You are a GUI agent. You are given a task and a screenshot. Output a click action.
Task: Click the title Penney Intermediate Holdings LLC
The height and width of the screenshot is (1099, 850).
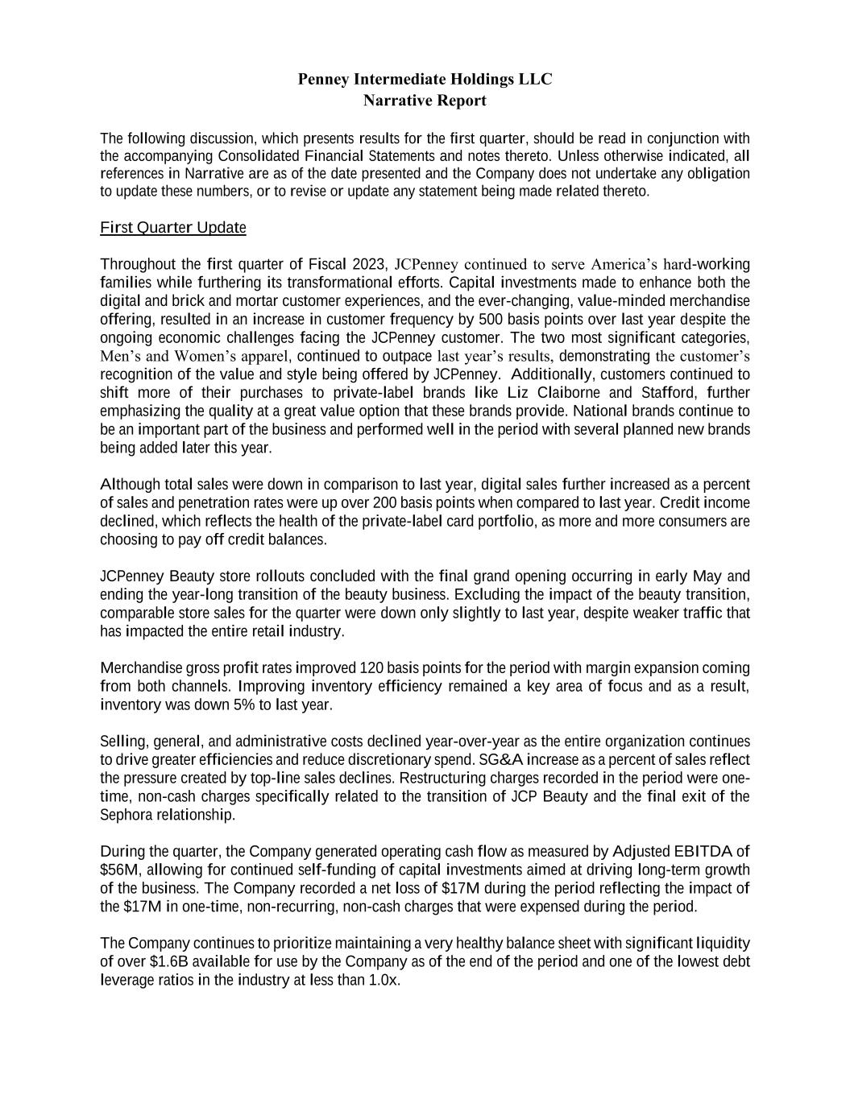[425, 79]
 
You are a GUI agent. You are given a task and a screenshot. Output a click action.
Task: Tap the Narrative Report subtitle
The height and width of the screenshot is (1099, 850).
[425, 101]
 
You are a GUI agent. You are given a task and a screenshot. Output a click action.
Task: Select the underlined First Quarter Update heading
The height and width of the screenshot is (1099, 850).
[172, 228]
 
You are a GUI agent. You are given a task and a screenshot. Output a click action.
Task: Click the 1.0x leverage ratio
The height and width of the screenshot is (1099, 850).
[384, 981]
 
